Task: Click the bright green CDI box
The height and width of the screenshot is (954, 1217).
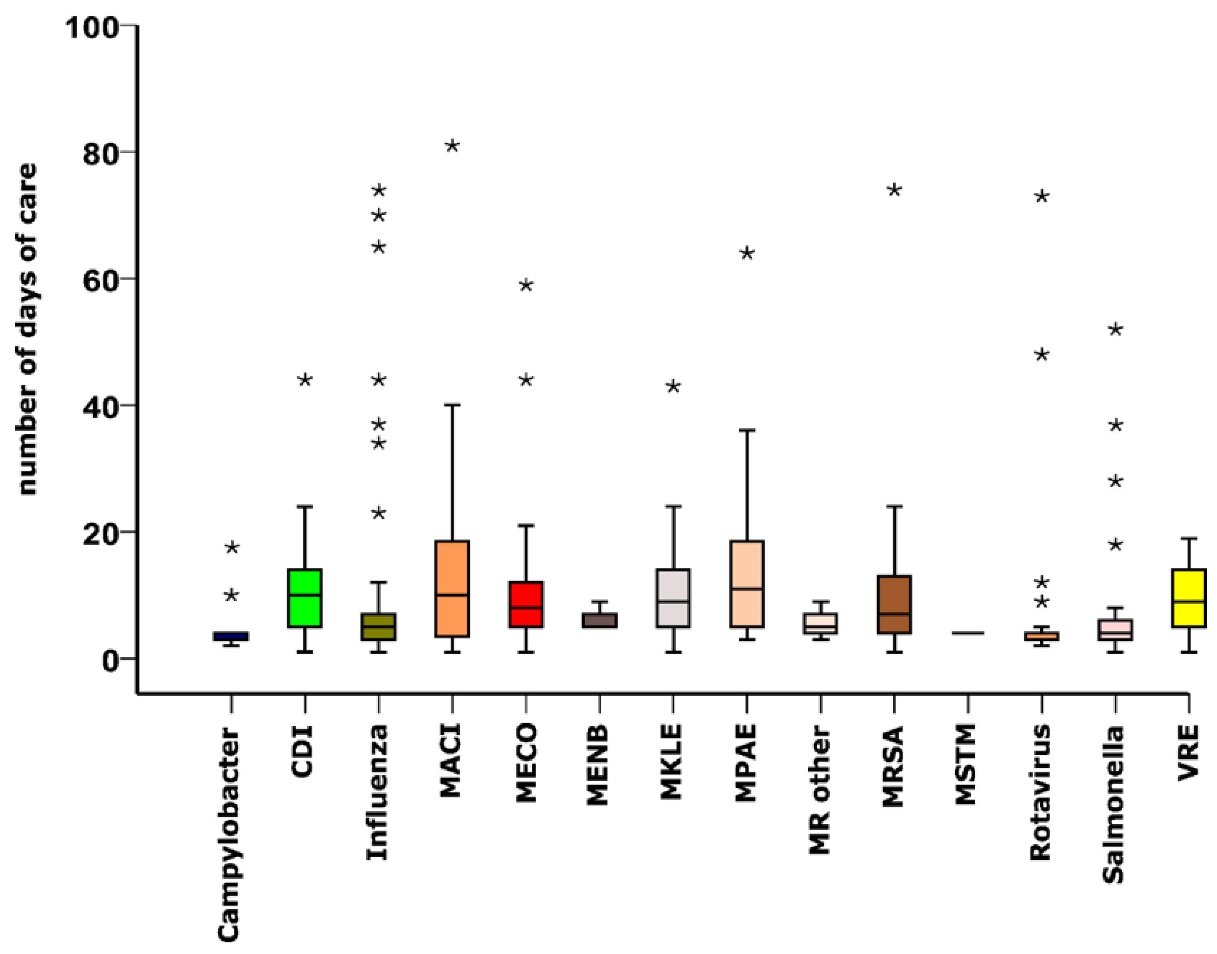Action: (x=305, y=598)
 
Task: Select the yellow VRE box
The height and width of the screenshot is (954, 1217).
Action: (x=1188, y=598)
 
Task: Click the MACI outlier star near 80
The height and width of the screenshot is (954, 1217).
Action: (x=452, y=146)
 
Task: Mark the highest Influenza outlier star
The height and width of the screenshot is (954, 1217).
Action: (x=379, y=191)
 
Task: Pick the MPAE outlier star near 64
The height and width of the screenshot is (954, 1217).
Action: (x=747, y=253)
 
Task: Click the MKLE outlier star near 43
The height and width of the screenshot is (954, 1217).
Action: (x=673, y=387)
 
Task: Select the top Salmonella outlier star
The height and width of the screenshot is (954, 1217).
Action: (x=1115, y=330)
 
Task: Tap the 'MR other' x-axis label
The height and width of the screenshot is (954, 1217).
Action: (x=820, y=790)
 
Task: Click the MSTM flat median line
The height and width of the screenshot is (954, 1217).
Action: (x=968, y=633)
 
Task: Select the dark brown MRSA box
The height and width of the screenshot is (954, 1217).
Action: (x=894, y=604)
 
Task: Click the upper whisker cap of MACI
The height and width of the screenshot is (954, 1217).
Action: (x=452, y=404)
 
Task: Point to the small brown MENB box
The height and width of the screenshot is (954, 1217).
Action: (x=600, y=621)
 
